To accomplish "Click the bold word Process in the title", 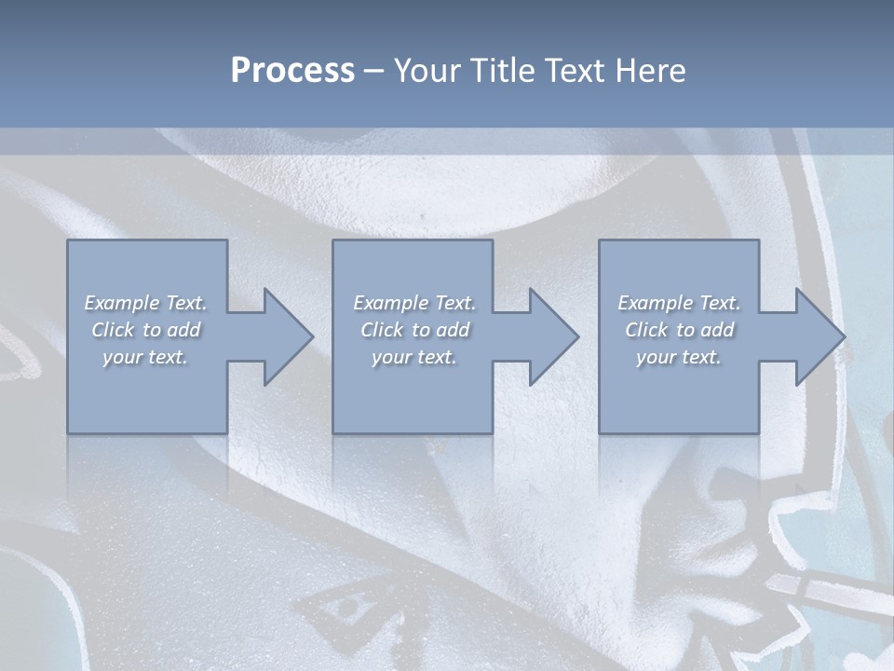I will click(292, 71).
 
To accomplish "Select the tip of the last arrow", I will click(844, 336).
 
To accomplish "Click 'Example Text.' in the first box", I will click(146, 303).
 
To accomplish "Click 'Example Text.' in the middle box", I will click(414, 303).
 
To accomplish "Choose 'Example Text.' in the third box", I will click(679, 303).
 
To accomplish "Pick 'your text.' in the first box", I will click(146, 357).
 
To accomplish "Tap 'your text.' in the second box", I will click(414, 357).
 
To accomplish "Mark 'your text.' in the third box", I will click(679, 357).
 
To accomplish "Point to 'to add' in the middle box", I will click(440, 330).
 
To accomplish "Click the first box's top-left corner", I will click(68, 241).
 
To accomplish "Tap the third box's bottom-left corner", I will click(600, 432).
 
